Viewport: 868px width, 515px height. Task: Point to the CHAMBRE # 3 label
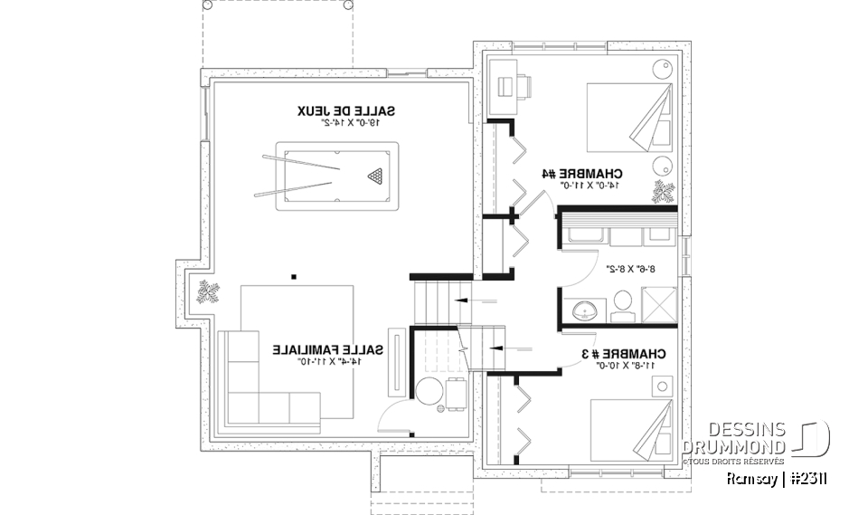(x=623, y=353)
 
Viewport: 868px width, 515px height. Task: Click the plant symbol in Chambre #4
(x=665, y=192)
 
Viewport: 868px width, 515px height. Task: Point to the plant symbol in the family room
(x=209, y=292)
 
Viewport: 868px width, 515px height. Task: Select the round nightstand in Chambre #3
(x=665, y=386)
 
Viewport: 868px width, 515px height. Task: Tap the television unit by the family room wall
(x=394, y=360)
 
